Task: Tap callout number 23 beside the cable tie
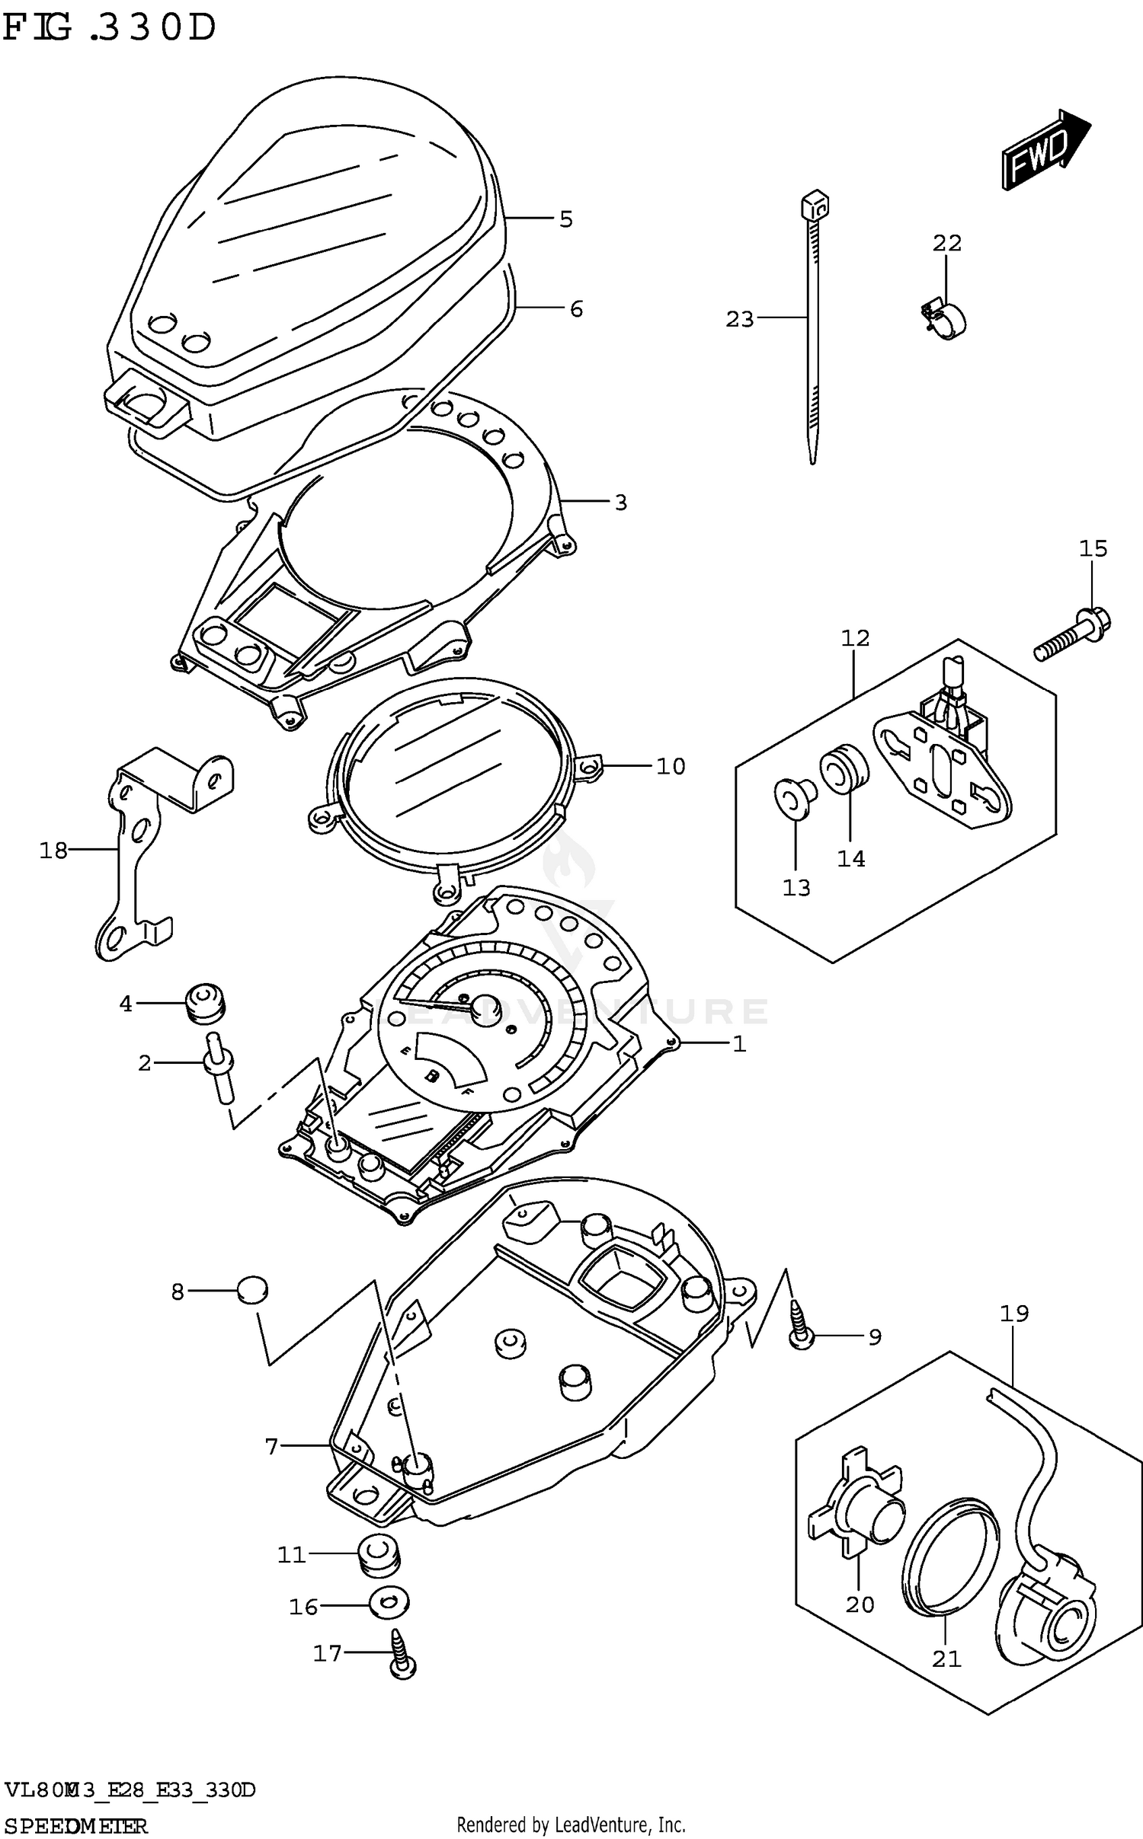click(x=738, y=319)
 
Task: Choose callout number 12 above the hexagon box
click(x=855, y=638)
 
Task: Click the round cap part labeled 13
click(x=795, y=799)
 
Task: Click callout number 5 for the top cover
click(x=565, y=219)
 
